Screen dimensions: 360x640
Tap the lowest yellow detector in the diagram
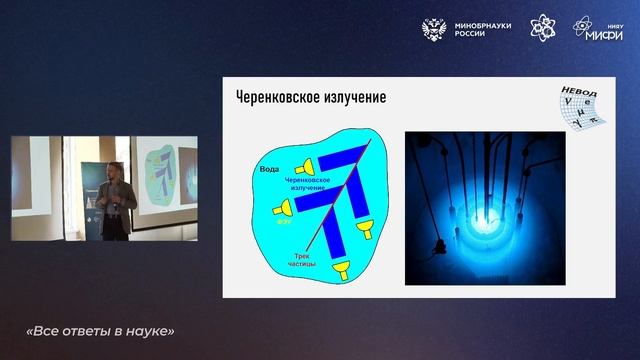click(343, 268)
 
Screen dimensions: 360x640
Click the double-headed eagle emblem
click(437, 29)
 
